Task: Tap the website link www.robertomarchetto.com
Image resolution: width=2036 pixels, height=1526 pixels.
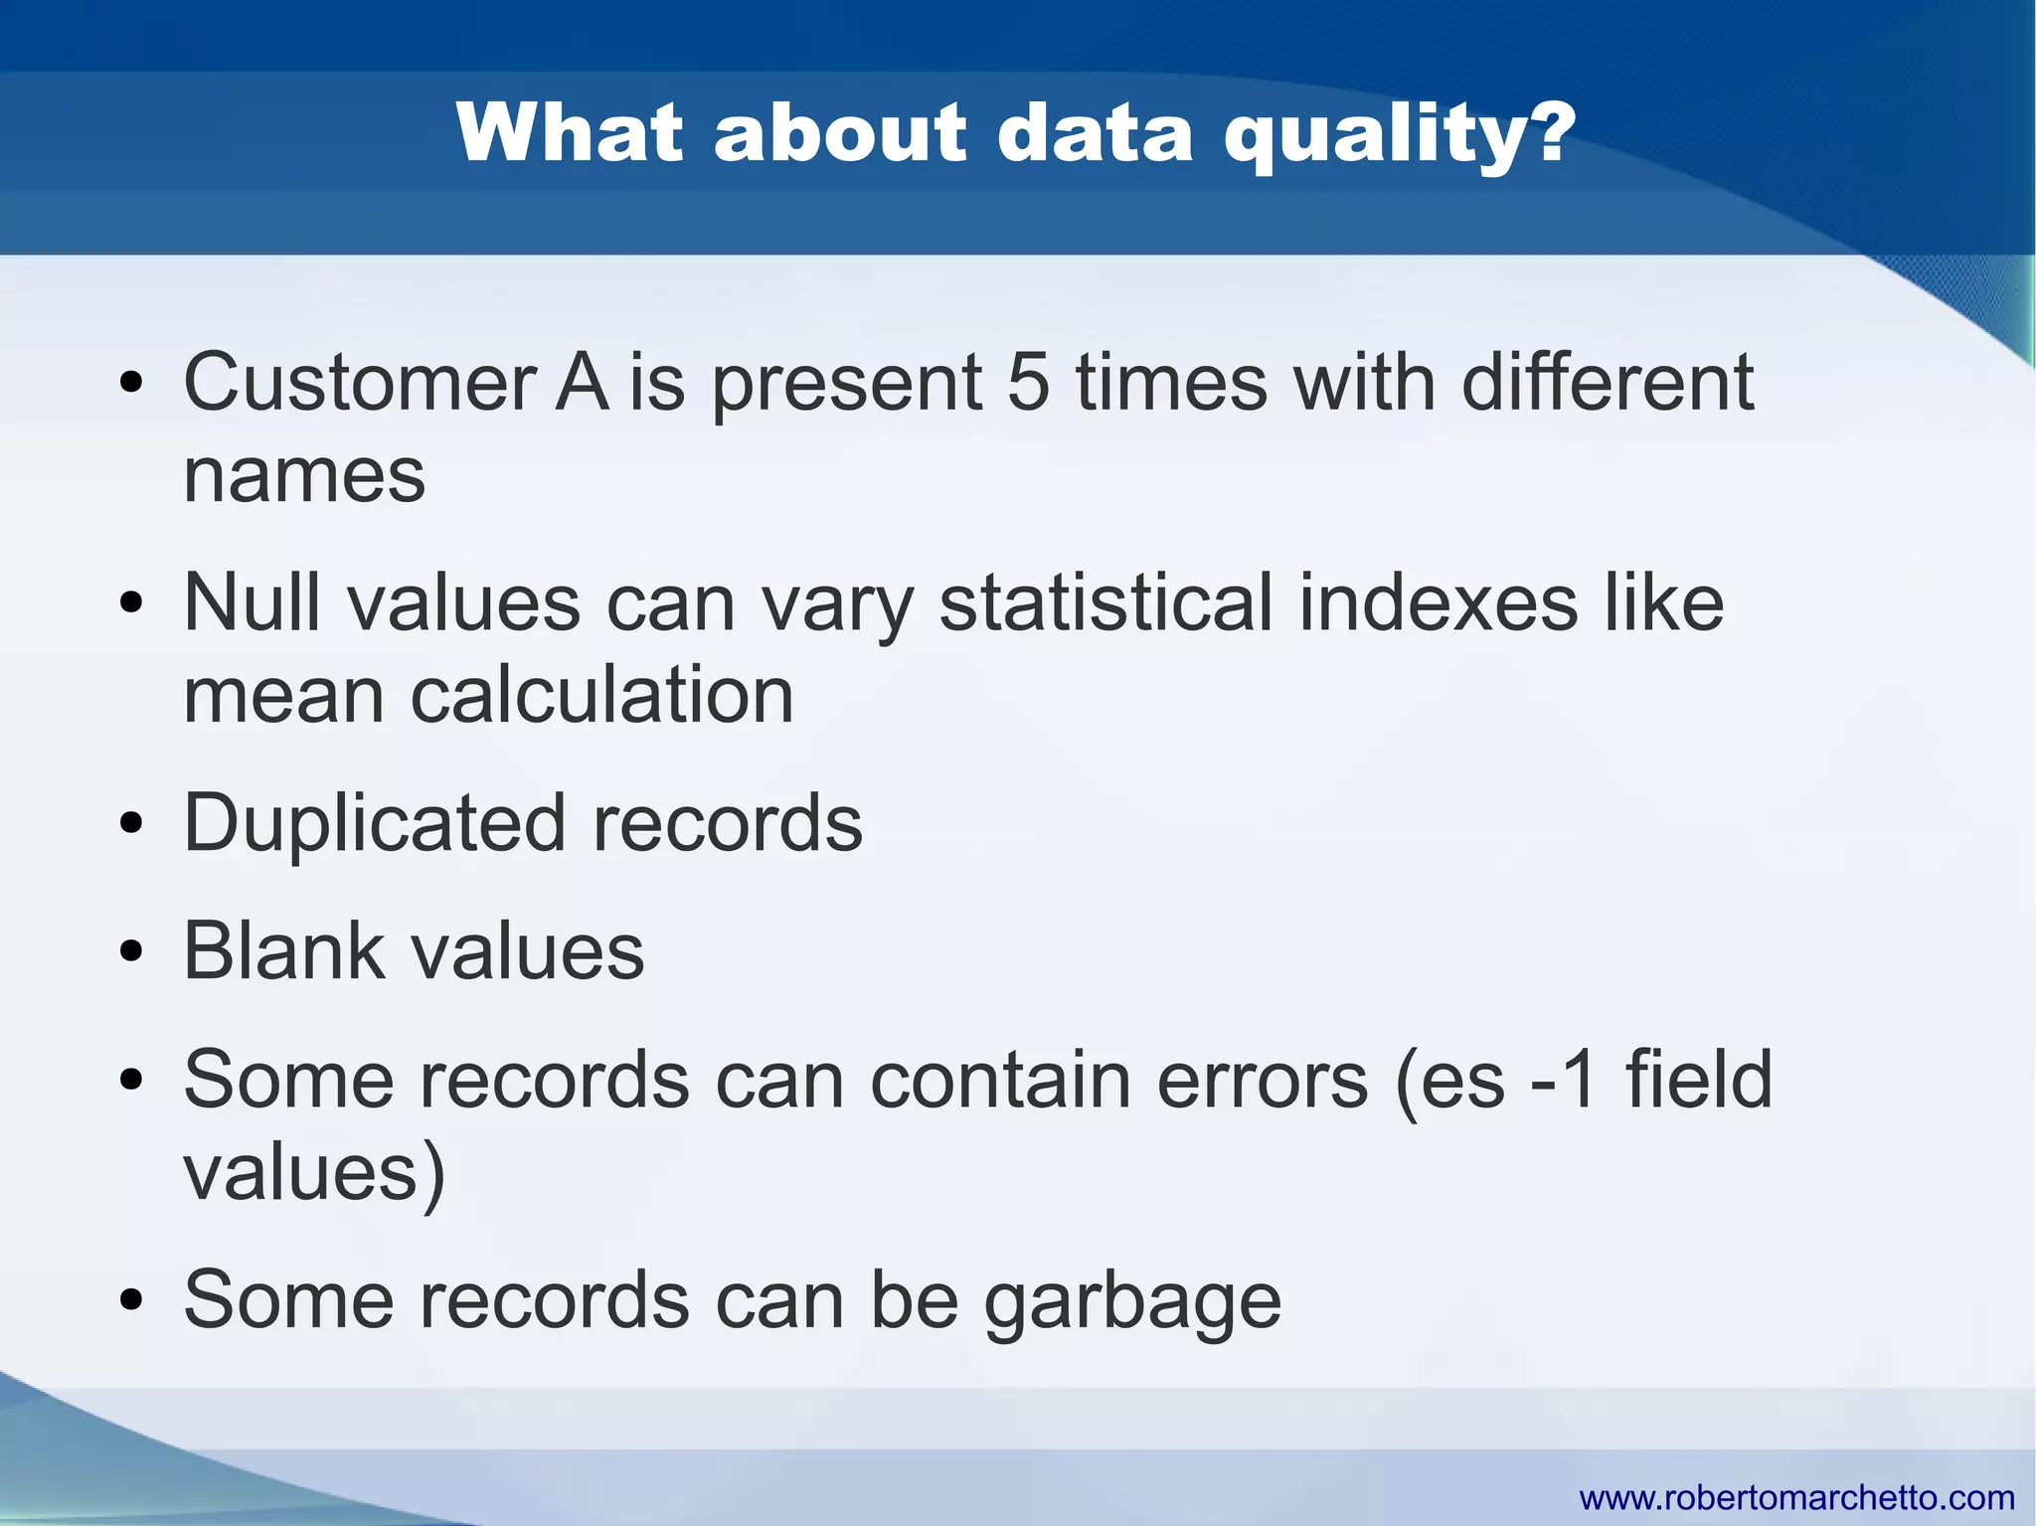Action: (1796, 1497)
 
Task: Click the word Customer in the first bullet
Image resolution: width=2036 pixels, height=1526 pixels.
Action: (360, 383)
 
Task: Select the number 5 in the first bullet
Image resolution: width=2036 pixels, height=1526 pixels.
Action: (1028, 383)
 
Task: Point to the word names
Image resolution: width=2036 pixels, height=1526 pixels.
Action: (304, 476)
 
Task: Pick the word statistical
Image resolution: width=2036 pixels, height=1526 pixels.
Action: (1105, 602)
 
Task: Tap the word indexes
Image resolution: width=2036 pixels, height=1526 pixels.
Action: (1438, 602)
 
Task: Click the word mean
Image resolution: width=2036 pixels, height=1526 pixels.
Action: (283, 695)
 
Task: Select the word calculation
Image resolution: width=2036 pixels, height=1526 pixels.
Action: (601, 695)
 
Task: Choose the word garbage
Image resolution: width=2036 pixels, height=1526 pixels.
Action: (1132, 1302)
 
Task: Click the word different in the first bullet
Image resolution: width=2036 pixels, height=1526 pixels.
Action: (1607, 383)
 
